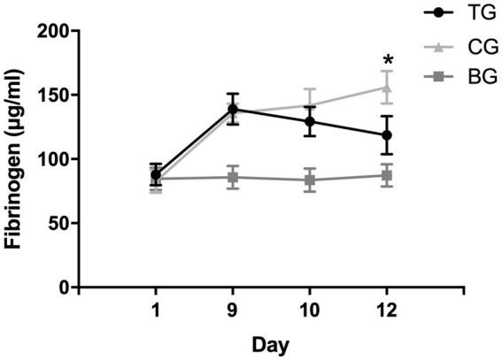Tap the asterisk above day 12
pos(387,62)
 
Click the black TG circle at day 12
pos(387,135)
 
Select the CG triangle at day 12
pos(387,87)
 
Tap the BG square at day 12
pos(387,175)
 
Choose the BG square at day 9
pos(233,177)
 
